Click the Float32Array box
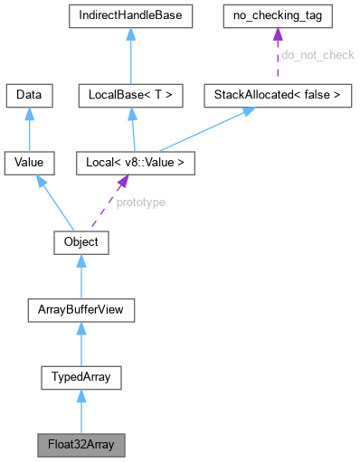[x=81, y=445]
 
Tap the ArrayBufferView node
[x=81, y=311]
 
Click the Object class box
[x=81, y=243]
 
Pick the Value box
[x=30, y=164]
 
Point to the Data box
[x=30, y=94]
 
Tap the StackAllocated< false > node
[x=277, y=94]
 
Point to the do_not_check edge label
[x=317, y=56]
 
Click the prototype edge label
[x=140, y=203]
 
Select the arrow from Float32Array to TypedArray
[x=81, y=412]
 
